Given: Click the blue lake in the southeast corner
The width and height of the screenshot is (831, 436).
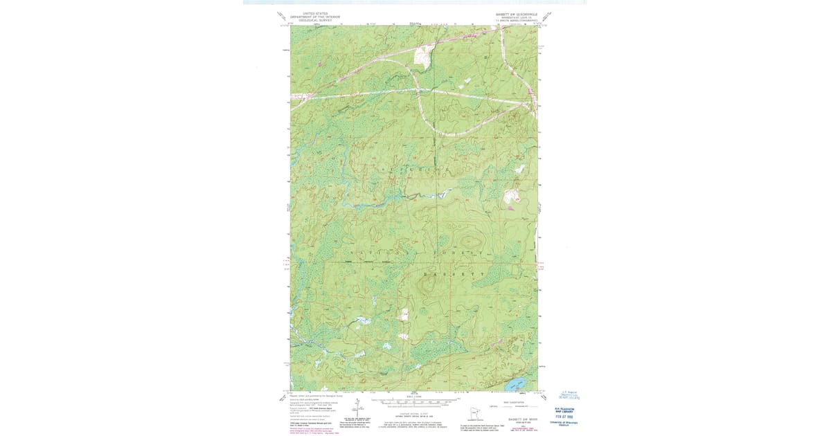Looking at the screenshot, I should click(514, 383).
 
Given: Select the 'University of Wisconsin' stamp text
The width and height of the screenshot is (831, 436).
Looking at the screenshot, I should click(567, 423).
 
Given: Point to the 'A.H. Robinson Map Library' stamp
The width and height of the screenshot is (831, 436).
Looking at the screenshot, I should click(567, 408).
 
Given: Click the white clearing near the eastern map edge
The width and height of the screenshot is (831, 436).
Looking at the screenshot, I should click(512, 195).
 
